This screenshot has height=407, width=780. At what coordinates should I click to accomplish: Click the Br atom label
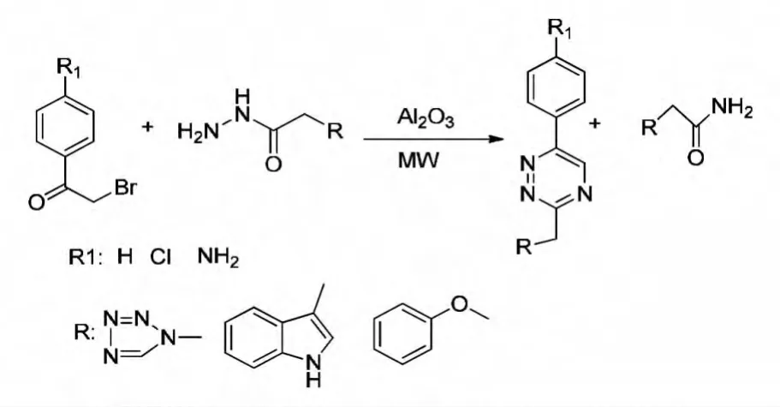tap(125, 189)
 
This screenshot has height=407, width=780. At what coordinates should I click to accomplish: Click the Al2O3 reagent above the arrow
tap(426, 118)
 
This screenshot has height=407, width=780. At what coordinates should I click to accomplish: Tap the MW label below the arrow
tap(418, 161)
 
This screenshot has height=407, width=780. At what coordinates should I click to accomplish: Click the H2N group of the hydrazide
tap(198, 131)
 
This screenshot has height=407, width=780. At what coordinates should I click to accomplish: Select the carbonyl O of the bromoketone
tap(36, 202)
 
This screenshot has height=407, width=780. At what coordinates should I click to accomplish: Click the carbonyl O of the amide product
tap(695, 158)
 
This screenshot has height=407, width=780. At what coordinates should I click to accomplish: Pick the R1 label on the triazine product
tap(560, 29)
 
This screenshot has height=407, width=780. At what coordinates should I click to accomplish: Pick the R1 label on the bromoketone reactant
tap(69, 68)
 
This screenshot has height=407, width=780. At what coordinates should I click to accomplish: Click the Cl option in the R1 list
tap(160, 257)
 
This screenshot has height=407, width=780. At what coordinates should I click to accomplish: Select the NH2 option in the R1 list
tap(218, 257)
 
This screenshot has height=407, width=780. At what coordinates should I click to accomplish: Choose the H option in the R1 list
tap(124, 257)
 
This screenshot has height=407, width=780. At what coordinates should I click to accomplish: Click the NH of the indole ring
tap(313, 372)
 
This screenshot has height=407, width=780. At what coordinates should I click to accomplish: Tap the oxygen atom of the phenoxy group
tap(460, 304)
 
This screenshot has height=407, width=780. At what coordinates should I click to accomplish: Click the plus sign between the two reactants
tap(147, 127)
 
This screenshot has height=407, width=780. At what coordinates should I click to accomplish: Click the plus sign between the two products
tap(595, 123)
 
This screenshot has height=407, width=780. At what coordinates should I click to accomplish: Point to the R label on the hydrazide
tap(336, 131)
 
